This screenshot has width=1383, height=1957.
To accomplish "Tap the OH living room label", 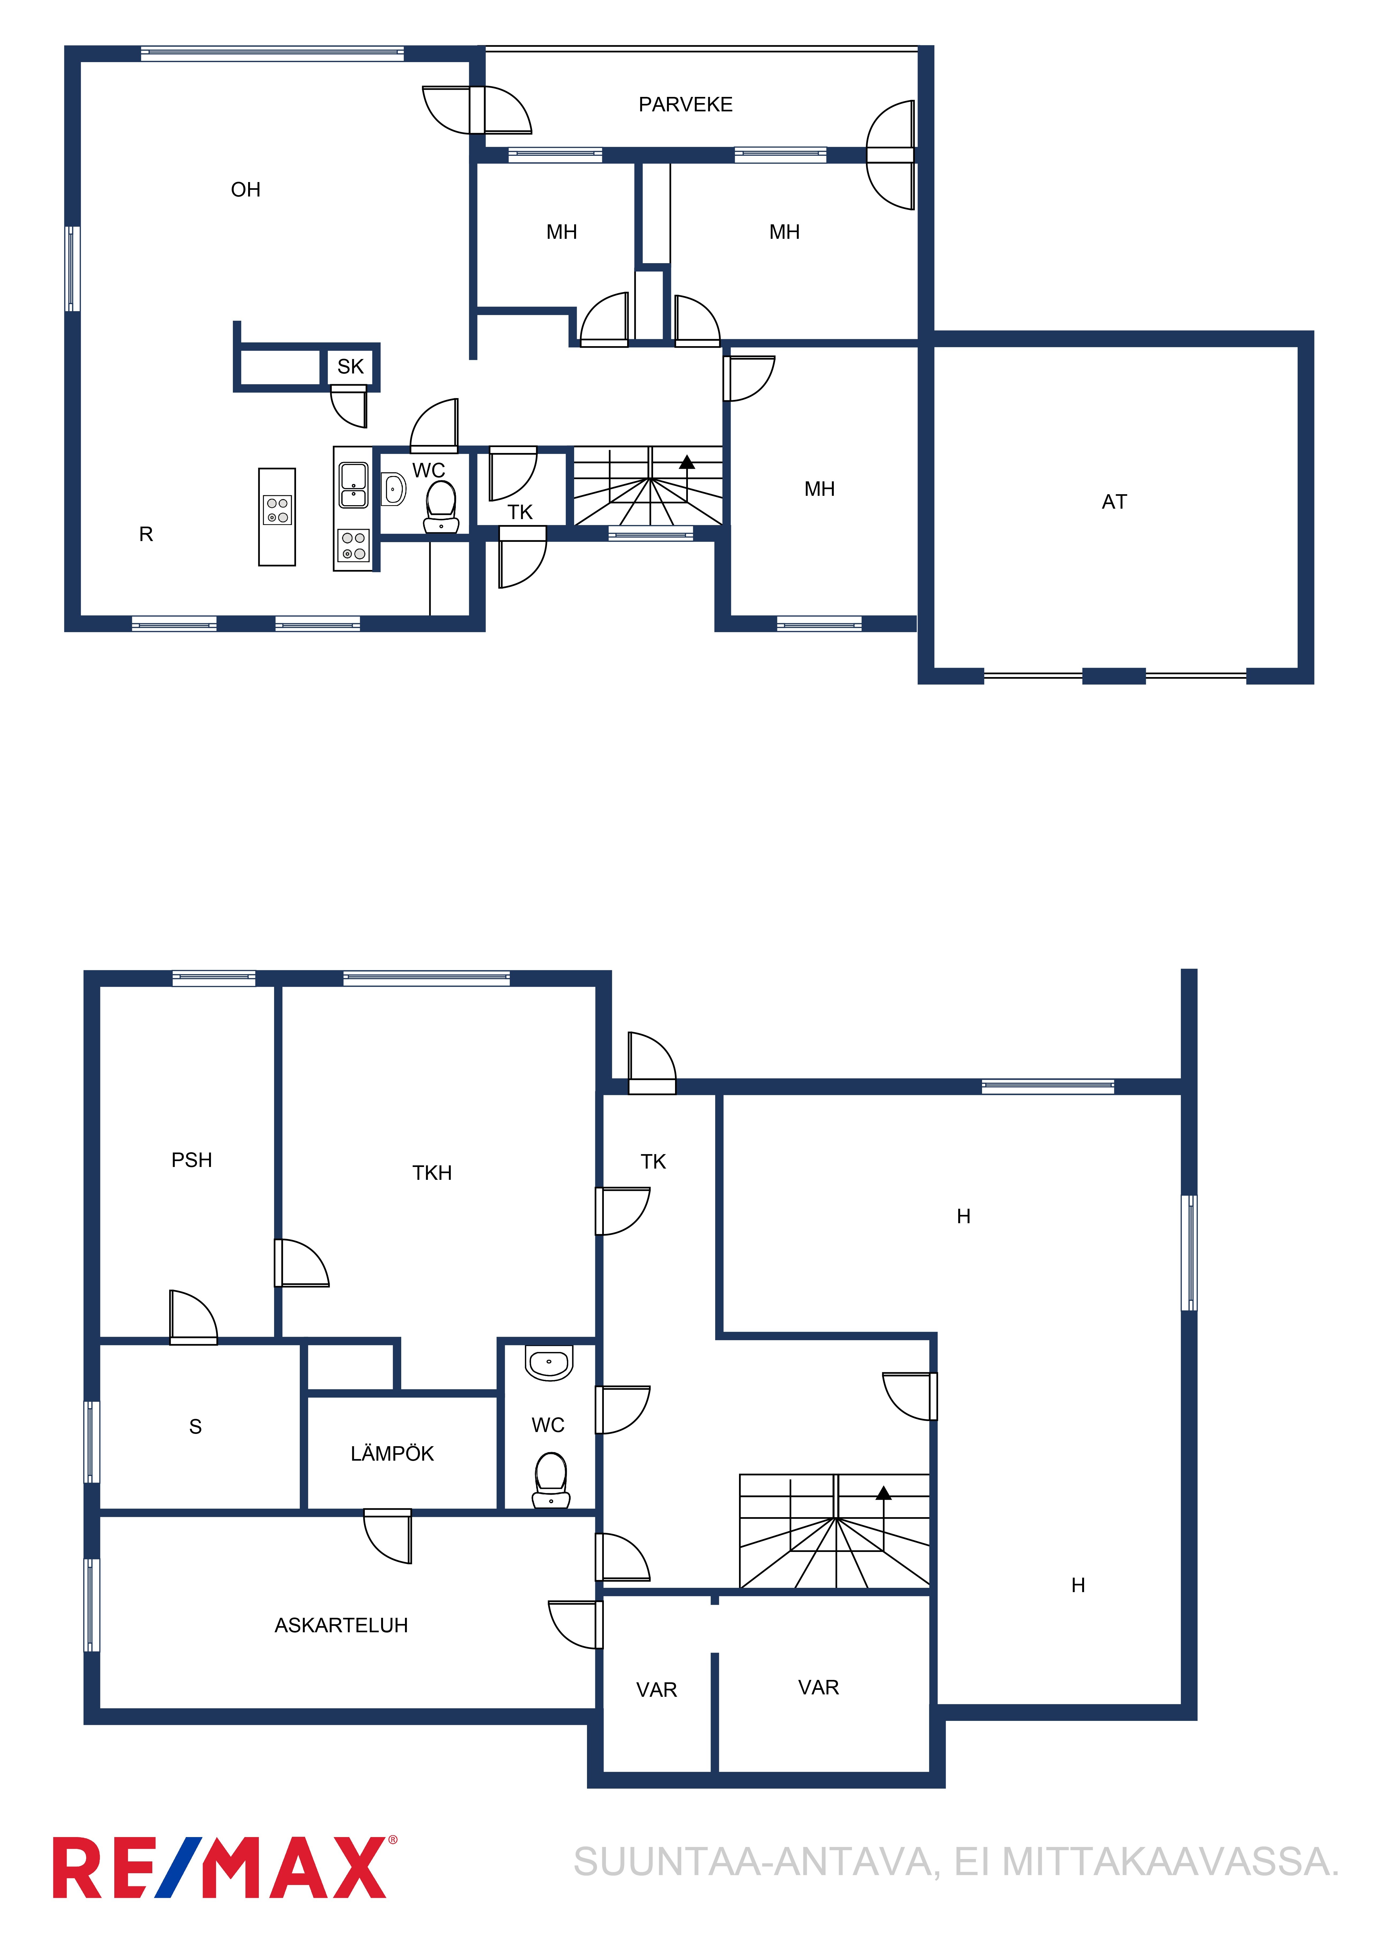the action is [x=245, y=189].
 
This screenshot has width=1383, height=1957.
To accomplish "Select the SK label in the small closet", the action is [x=350, y=367].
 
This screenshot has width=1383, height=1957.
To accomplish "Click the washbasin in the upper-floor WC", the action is [x=393, y=489].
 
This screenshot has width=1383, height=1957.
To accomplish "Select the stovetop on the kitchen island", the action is [x=277, y=510].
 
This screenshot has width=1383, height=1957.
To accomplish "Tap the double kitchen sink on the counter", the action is [x=354, y=485].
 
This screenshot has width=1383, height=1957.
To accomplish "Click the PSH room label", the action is [x=192, y=1160].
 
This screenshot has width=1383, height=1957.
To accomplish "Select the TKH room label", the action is [x=432, y=1173].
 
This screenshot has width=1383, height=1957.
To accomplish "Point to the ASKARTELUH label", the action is [x=341, y=1626].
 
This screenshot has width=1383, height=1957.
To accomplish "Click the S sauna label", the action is [x=195, y=1427].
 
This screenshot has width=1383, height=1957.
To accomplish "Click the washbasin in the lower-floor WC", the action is [x=549, y=1363].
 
